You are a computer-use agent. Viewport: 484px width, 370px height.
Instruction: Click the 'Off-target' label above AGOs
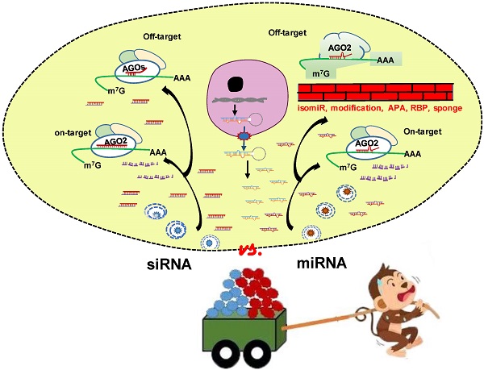tap(120, 36)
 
